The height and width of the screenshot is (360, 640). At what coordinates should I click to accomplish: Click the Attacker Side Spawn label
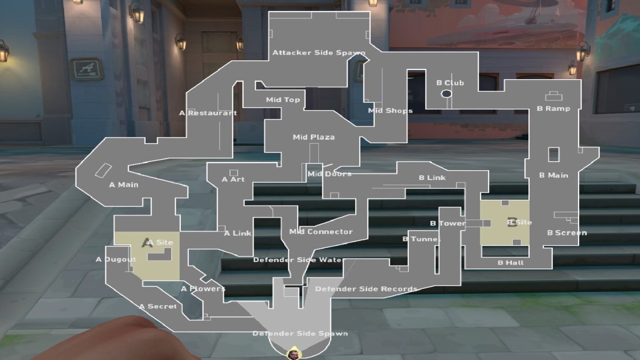pyautogui.click(x=319, y=53)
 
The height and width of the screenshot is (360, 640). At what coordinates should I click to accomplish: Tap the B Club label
pyautogui.click(x=450, y=83)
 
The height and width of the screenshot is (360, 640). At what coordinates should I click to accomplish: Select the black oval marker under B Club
pyautogui.click(x=446, y=94)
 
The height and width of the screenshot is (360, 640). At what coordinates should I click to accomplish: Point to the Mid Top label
pyautogui.click(x=283, y=100)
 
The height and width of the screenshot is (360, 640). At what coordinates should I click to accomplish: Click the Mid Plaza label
pyautogui.click(x=313, y=137)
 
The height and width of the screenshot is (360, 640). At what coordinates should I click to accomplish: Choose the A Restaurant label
pyautogui.click(x=208, y=113)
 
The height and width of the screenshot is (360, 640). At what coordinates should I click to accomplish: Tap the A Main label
pyautogui.click(x=124, y=185)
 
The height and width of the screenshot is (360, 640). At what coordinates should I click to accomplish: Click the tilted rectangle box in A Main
pyautogui.click(x=103, y=171)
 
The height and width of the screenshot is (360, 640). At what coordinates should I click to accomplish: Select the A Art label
pyautogui.click(x=233, y=179)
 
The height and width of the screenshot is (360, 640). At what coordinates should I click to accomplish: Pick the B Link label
pyautogui.click(x=432, y=177)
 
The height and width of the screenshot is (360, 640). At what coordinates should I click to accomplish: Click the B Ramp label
pyautogui.click(x=553, y=109)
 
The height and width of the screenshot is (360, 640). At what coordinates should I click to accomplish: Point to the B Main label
pyautogui.click(x=553, y=175)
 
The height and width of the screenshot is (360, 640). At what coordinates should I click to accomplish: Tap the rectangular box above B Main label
pyautogui.click(x=553, y=155)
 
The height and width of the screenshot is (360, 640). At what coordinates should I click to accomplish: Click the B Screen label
pyautogui.click(x=567, y=233)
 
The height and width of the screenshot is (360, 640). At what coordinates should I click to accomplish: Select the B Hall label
pyautogui.click(x=510, y=262)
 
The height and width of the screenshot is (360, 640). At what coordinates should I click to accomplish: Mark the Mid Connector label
pyautogui.click(x=321, y=232)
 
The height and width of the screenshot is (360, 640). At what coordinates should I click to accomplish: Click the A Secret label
pyautogui.click(x=158, y=306)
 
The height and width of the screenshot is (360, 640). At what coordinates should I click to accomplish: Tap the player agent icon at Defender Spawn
pyautogui.click(x=293, y=354)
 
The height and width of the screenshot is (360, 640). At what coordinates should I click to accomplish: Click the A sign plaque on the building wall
pyautogui.click(x=87, y=69)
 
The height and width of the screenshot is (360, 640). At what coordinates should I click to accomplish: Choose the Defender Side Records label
pyautogui.click(x=366, y=289)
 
